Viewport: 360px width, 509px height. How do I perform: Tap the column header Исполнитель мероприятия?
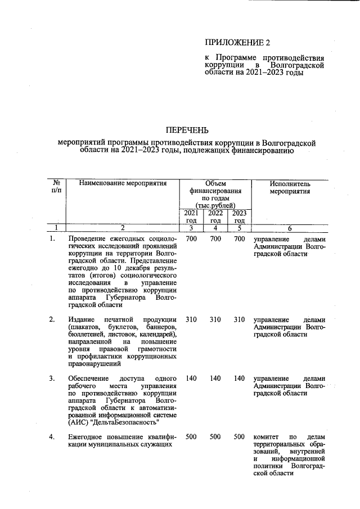pyautogui.click(x=290, y=187)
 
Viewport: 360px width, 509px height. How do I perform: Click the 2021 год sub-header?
pyautogui.click(x=191, y=217)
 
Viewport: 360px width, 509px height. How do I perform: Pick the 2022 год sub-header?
pyautogui.click(x=215, y=217)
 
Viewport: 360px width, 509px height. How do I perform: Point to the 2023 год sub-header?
pyautogui.click(x=239, y=217)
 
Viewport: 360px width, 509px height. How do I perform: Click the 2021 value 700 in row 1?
pyautogui.click(x=191, y=240)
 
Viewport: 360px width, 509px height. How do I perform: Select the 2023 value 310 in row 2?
pyautogui.click(x=239, y=320)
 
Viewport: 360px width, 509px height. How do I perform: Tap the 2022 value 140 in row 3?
pyautogui.click(x=215, y=379)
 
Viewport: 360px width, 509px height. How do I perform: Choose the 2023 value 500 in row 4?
pyautogui.click(x=239, y=437)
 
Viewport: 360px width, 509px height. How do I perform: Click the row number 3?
pyautogui.click(x=52, y=379)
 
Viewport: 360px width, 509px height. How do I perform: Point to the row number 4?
pyautogui.click(x=52, y=437)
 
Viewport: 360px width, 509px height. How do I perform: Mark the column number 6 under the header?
pyautogui.click(x=290, y=228)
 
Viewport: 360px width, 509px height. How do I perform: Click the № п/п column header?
pyautogui.click(x=56, y=187)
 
